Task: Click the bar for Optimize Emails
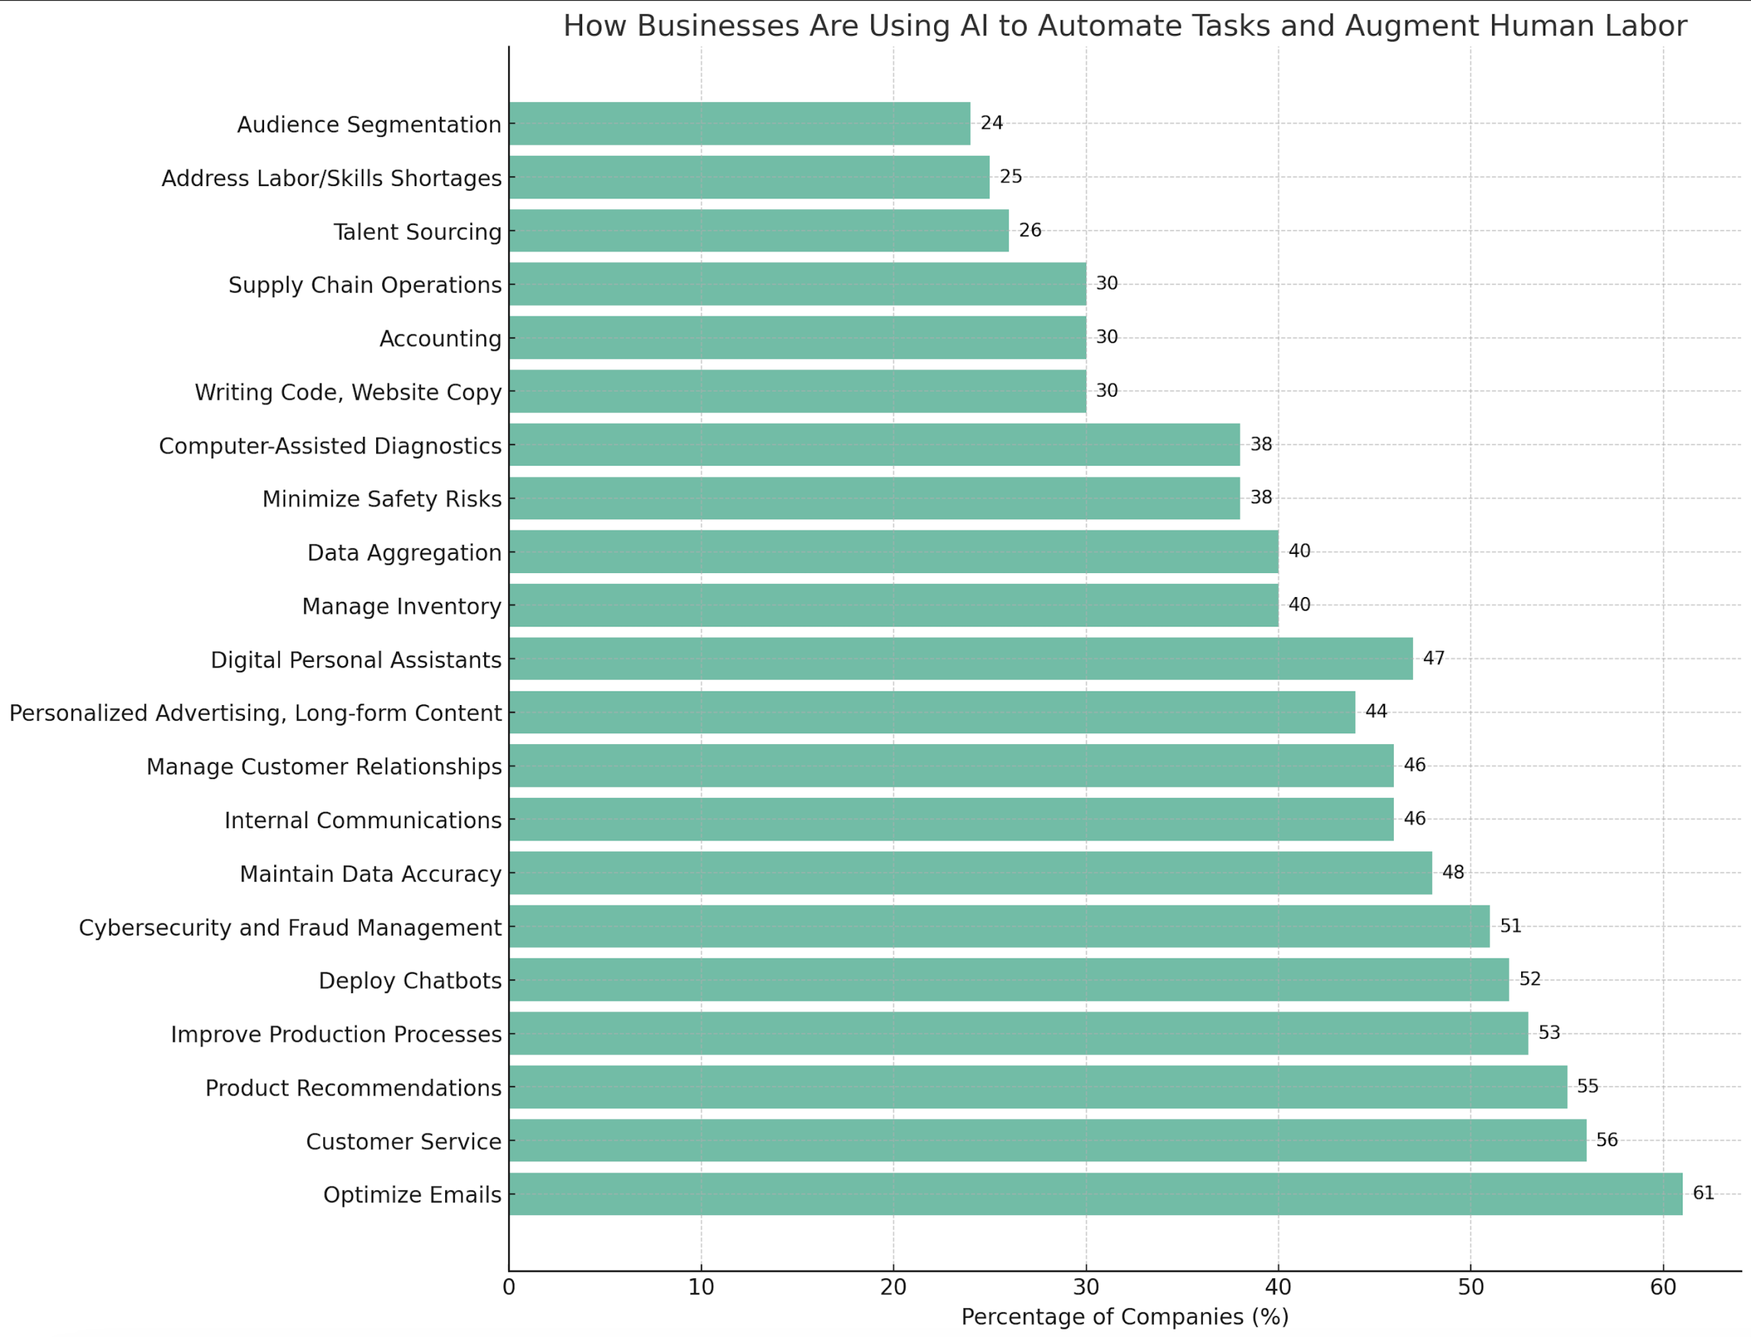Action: pyautogui.click(x=1096, y=1194)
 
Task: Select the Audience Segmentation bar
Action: pyautogui.click(x=739, y=123)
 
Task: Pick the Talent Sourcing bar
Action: pyautogui.click(x=759, y=230)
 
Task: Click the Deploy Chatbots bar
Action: pyautogui.click(x=1009, y=980)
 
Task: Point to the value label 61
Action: pyautogui.click(x=1703, y=1193)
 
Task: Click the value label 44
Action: pyautogui.click(x=1376, y=711)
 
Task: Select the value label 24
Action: pyautogui.click(x=992, y=123)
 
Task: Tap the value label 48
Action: pyautogui.click(x=1453, y=872)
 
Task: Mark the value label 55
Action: pyautogui.click(x=1588, y=1086)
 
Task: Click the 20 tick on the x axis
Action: pyautogui.click(x=893, y=1288)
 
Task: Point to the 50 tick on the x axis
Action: pyautogui.click(x=1470, y=1288)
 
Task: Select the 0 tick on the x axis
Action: pyautogui.click(x=510, y=1288)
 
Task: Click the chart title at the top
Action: pyautogui.click(x=1124, y=26)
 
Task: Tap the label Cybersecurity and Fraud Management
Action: pyautogui.click(x=291, y=928)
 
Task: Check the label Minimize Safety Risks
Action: pyautogui.click(x=382, y=499)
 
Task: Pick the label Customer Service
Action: pyautogui.click(x=404, y=1142)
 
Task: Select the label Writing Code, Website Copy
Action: pyautogui.click(x=349, y=393)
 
